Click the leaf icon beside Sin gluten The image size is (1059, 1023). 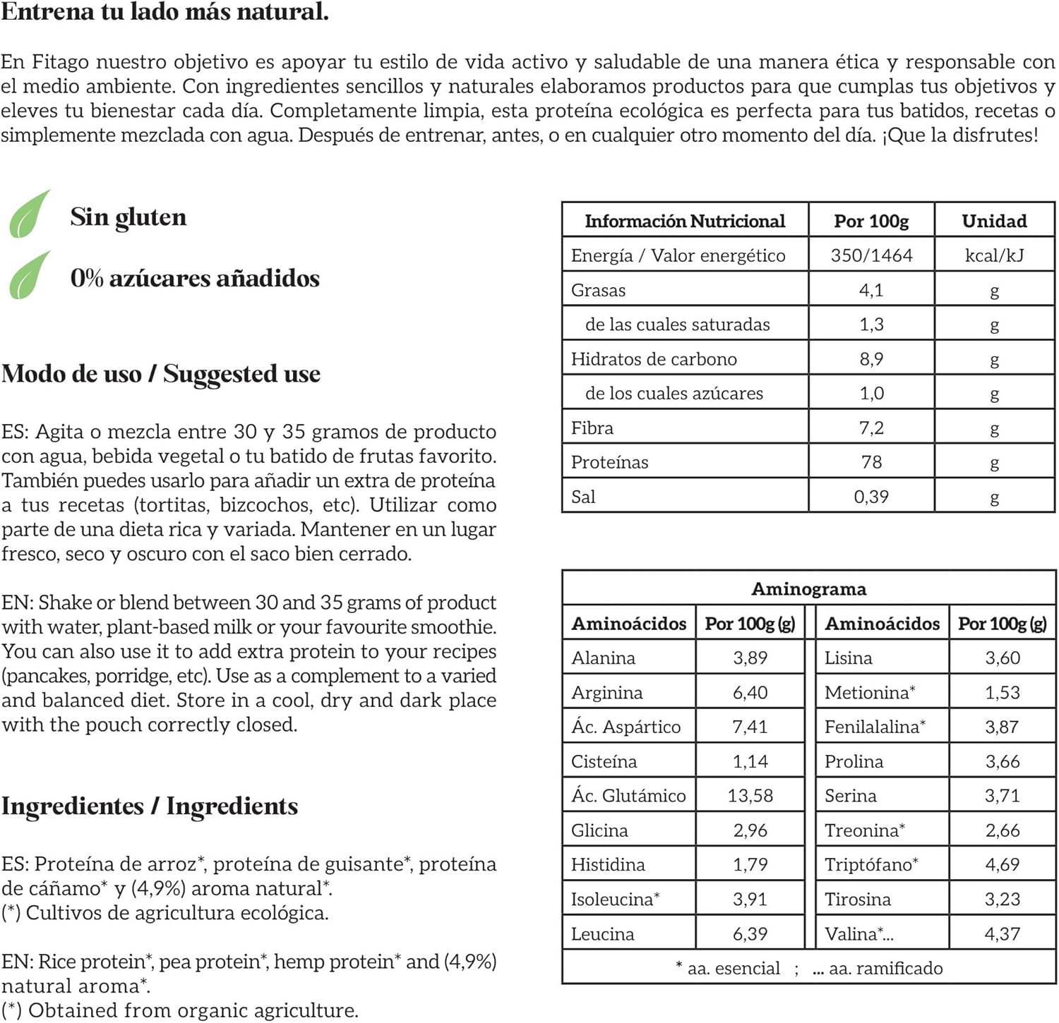tap(30, 214)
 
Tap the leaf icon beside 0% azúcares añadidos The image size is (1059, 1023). tap(30, 275)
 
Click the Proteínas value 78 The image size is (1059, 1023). tap(871, 462)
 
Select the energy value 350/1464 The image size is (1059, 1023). tap(871, 255)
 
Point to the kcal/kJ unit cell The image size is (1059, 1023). tap(994, 255)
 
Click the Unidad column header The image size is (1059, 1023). tap(994, 221)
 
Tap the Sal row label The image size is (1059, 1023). tap(583, 497)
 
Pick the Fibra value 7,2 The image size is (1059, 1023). tap(871, 428)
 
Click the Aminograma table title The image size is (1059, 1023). tap(808, 588)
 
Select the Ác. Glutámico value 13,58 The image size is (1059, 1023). tap(750, 796)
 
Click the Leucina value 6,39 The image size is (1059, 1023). tap(750, 934)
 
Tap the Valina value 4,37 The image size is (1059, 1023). tap(1002, 934)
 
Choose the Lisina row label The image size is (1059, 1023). tap(848, 658)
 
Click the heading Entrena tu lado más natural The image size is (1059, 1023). tap(164, 12)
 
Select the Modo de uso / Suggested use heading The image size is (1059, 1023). tap(161, 373)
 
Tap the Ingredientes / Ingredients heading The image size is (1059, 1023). tap(150, 806)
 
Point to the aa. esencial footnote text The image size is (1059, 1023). tap(733, 969)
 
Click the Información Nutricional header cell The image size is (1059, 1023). tap(685, 221)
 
